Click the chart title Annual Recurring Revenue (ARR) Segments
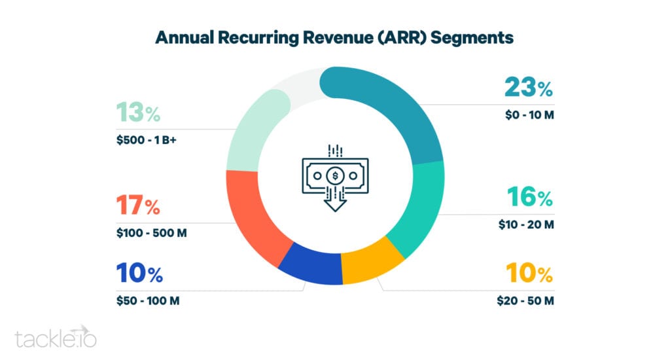(334, 37)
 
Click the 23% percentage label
(529, 87)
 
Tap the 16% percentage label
(530, 197)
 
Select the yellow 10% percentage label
(529, 273)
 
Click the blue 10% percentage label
(139, 273)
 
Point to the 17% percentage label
(138, 205)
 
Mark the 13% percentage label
(138, 112)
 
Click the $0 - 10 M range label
(529, 115)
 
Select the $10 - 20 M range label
(526, 225)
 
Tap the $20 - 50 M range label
(525, 300)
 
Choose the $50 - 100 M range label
(148, 300)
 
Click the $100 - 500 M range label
(151, 233)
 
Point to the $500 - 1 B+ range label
(146, 140)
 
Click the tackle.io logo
(56, 337)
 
